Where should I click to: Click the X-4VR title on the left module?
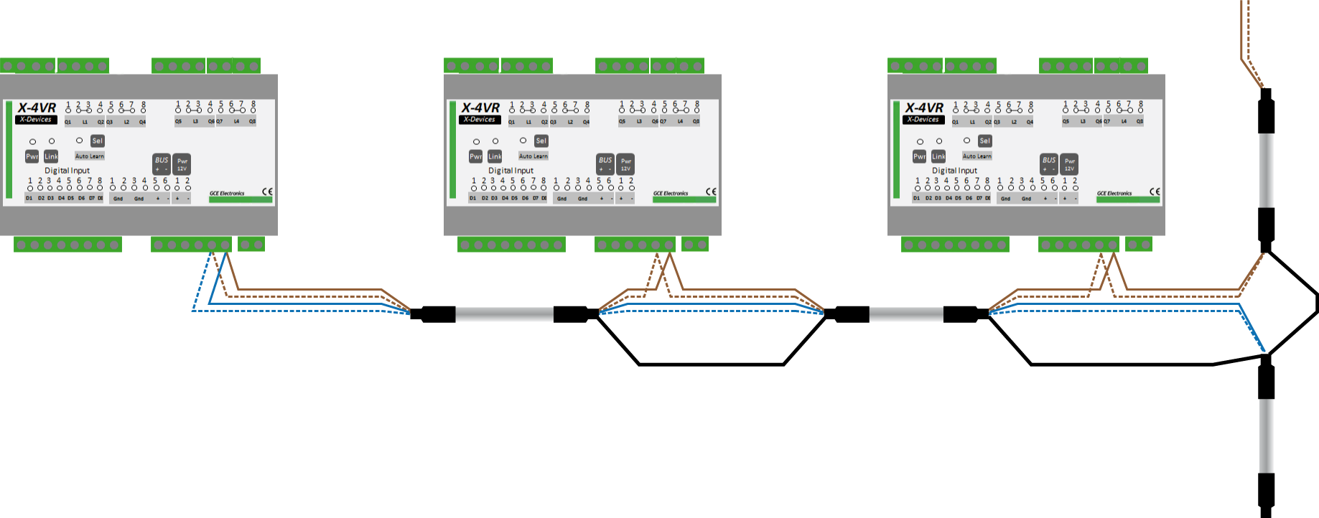pyautogui.click(x=37, y=108)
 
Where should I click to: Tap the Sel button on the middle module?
pyautogui.click(x=541, y=141)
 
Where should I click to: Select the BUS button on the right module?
pyautogui.click(x=1049, y=164)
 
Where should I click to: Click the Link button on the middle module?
pyautogui.click(x=495, y=156)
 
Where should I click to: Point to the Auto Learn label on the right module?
pyautogui.click(x=977, y=156)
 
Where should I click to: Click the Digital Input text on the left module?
pyautogui.click(x=67, y=171)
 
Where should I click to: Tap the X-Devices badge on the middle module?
pyautogui.click(x=479, y=120)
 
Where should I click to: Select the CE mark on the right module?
pyautogui.click(x=1155, y=192)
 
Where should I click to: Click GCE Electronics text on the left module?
pyautogui.click(x=227, y=193)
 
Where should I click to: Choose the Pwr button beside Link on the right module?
pyautogui.click(x=919, y=156)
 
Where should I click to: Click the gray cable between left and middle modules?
pyautogui.click(x=504, y=314)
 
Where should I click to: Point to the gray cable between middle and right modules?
pyautogui.click(x=906, y=314)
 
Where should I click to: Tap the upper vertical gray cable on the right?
pyautogui.click(x=1266, y=171)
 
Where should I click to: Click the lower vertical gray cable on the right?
pyautogui.click(x=1266, y=435)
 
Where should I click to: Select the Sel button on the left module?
pyautogui.click(x=98, y=141)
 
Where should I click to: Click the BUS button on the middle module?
pyautogui.click(x=605, y=164)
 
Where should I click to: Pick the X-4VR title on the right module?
pyautogui.click(x=924, y=108)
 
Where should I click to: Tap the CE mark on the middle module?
pyautogui.click(x=711, y=192)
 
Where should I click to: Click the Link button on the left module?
pyautogui.click(x=51, y=156)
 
